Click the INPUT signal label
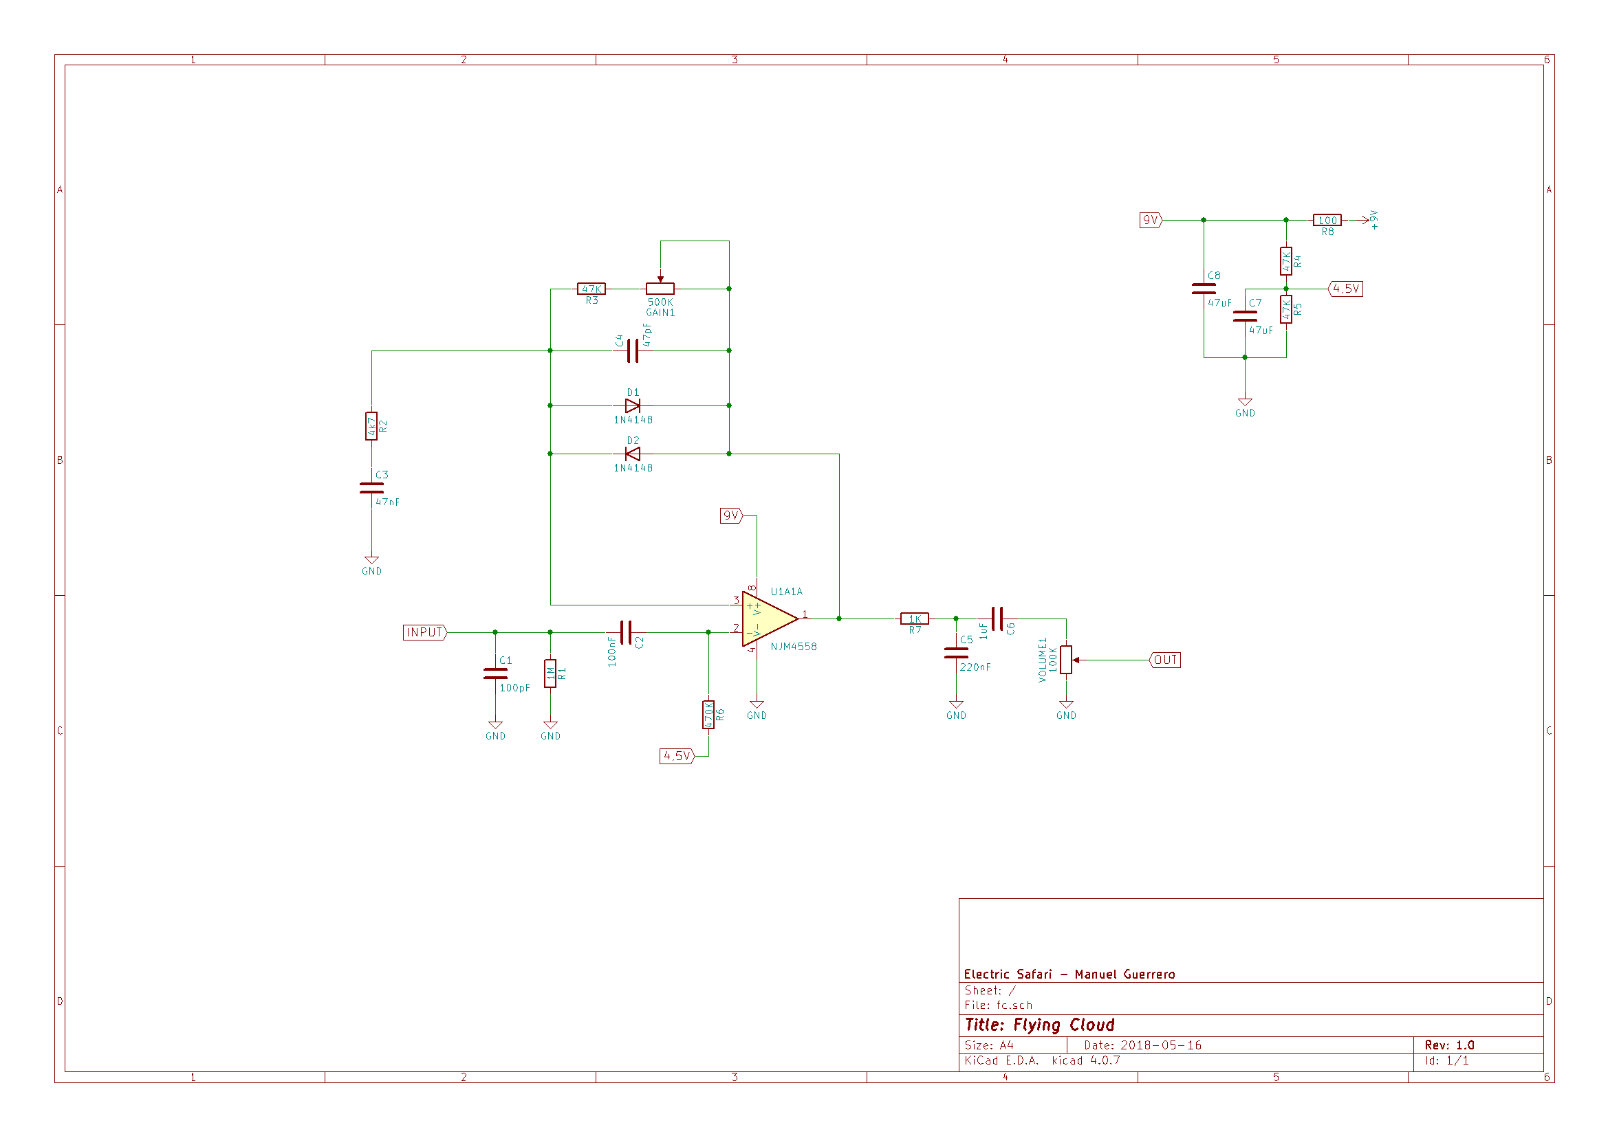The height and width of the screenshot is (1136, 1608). (424, 632)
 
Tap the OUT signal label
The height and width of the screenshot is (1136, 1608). (1165, 660)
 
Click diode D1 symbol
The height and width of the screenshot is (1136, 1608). (633, 406)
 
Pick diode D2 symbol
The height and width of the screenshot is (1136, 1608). (633, 454)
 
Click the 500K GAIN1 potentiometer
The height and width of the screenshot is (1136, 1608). (660, 289)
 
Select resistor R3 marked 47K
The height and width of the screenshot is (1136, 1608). (591, 289)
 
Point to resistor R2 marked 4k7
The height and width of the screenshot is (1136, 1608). (371, 425)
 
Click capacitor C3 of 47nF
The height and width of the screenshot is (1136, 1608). (371, 488)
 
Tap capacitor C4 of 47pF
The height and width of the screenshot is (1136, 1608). (633, 350)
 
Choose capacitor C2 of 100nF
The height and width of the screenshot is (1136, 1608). (626, 632)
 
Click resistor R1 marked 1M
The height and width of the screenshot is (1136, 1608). (550, 673)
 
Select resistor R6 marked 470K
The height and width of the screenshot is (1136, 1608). (709, 715)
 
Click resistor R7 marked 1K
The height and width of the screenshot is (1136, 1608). (915, 619)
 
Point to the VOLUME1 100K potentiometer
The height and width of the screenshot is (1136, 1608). (1066, 660)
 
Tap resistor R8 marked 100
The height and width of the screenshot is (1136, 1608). (1327, 220)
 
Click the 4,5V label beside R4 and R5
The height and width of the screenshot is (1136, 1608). (1346, 289)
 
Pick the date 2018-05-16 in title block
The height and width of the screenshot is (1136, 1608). (1160, 1045)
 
